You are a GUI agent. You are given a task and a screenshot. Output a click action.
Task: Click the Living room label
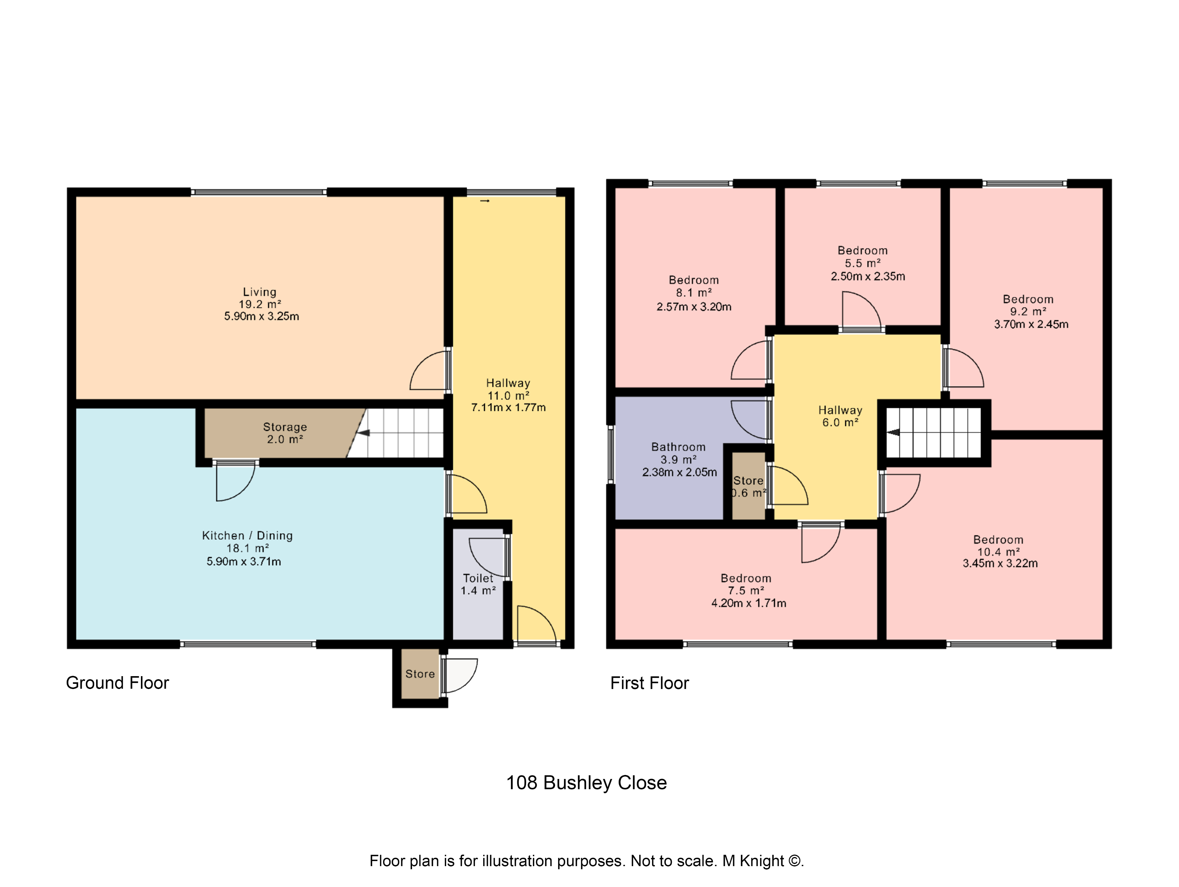(x=259, y=292)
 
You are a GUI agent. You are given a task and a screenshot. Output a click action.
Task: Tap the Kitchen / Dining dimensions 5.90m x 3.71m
(x=243, y=561)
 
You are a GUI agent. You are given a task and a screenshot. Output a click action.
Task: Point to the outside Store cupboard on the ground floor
(x=420, y=674)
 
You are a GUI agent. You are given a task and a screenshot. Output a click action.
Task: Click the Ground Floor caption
(x=117, y=683)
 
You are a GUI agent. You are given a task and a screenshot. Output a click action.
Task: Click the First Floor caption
(x=649, y=683)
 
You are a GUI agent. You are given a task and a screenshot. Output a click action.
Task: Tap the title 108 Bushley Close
(x=586, y=783)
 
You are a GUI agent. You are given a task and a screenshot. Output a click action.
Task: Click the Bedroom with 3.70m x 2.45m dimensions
(x=1030, y=324)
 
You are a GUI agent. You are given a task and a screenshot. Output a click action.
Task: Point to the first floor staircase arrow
(x=893, y=432)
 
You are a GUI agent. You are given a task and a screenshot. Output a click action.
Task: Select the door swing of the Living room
(x=429, y=372)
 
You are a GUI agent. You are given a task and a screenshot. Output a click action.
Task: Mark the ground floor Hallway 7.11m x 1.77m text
(x=508, y=408)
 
